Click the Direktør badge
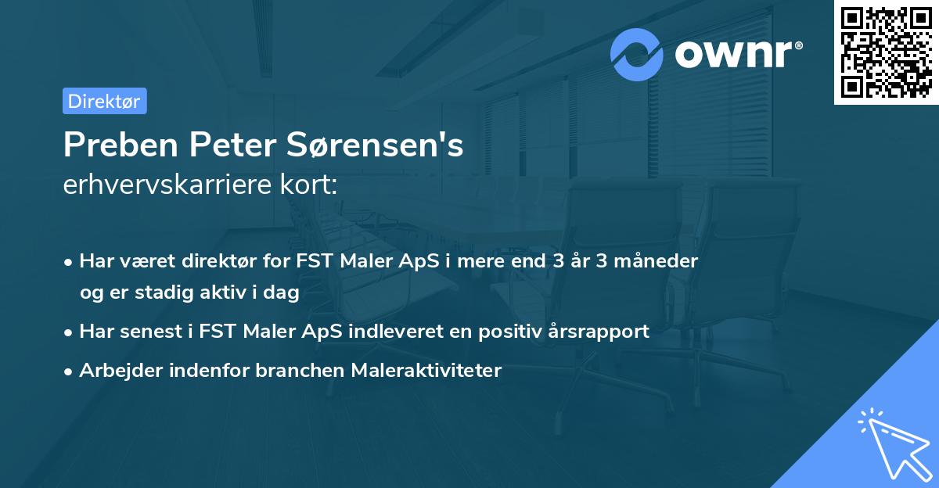pyautogui.click(x=104, y=101)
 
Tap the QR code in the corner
pyautogui.click(x=886, y=52)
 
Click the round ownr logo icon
pyautogui.click(x=637, y=54)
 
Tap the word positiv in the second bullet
pyautogui.click(x=509, y=332)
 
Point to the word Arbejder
pyautogui.click(x=115, y=371)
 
